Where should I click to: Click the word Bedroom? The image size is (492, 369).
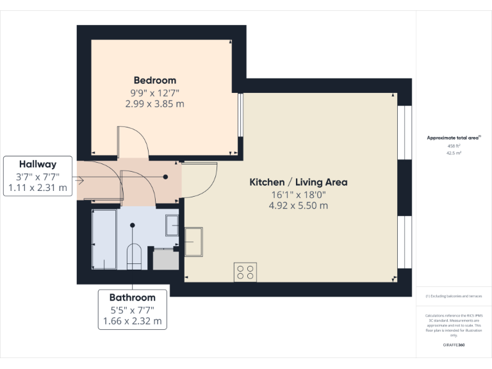[154, 80]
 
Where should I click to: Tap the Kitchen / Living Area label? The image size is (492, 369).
[298, 182]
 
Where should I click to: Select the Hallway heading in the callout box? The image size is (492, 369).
[37, 164]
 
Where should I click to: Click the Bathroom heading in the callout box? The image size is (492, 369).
[132, 297]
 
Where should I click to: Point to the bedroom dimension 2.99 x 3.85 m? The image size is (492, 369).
[154, 103]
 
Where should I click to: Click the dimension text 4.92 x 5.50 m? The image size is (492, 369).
[298, 206]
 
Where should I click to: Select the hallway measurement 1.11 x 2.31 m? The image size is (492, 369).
[37, 188]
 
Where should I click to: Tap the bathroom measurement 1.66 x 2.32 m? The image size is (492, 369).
[132, 321]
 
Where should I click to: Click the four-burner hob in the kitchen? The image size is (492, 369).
[244, 272]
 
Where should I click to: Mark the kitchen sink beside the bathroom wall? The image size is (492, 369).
[193, 241]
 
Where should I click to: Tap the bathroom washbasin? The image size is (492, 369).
[172, 225]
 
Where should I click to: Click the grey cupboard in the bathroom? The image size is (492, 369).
[165, 259]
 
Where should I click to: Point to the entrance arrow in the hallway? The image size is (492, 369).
[79, 180]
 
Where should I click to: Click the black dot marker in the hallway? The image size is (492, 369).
[165, 177]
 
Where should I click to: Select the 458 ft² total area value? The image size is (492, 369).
[454, 146]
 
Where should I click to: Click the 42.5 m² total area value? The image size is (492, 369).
[454, 154]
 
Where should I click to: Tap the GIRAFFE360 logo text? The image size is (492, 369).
[454, 345]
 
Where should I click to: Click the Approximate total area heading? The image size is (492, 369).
[454, 138]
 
